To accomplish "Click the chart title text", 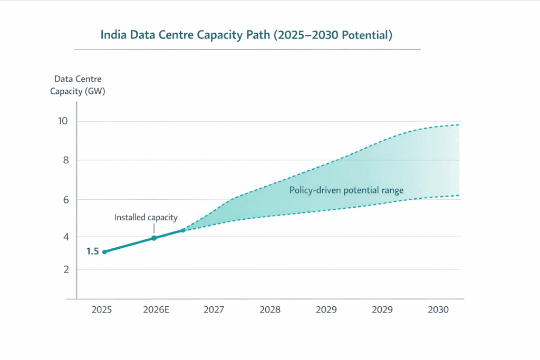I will click(247, 35).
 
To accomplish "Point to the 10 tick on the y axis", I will click(63, 121).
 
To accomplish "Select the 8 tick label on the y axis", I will click(65, 160).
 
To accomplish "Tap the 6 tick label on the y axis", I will click(65, 200).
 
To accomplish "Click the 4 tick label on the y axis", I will click(65, 237).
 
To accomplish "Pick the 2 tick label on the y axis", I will click(65, 269).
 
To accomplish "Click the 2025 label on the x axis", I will click(101, 310).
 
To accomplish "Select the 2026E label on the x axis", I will click(156, 310).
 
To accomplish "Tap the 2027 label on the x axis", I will click(214, 310).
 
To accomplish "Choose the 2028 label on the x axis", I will click(270, 310).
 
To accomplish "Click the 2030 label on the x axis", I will click(438, 310).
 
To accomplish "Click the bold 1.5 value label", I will click(92, 251).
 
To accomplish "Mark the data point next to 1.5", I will click(104, 252).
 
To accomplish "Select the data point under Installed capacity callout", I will click(154, 238).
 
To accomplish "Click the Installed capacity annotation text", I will click(146, 217).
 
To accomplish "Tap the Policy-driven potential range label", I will click(346, 190).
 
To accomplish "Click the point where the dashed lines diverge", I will click(183, 230).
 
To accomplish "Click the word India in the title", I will click(113, 35).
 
